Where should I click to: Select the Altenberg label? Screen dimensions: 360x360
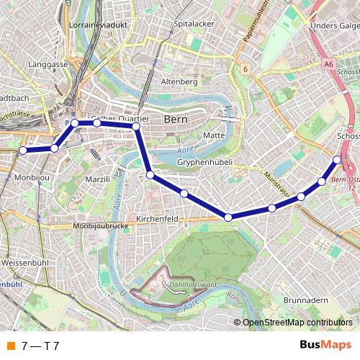[x=179, y=81]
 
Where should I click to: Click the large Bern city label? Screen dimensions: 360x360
[x=176, y=119]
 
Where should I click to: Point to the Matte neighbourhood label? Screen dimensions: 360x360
[x=215, y=135]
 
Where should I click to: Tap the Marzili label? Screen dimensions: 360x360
[x=96, y=178]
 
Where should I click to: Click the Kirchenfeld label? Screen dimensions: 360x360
[x=156, y=218]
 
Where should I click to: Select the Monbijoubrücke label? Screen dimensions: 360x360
[x=100, y=226]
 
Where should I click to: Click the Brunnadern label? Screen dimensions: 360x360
[x=305, y=300]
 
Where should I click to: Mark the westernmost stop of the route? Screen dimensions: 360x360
[x=23, y=150]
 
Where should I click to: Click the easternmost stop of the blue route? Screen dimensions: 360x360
[x=338, y=159]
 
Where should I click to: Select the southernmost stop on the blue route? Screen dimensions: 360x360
[x=228, y=217]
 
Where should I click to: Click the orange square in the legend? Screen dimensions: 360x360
[x=10, y=346]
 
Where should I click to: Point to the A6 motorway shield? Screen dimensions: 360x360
[x=329, y=64]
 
